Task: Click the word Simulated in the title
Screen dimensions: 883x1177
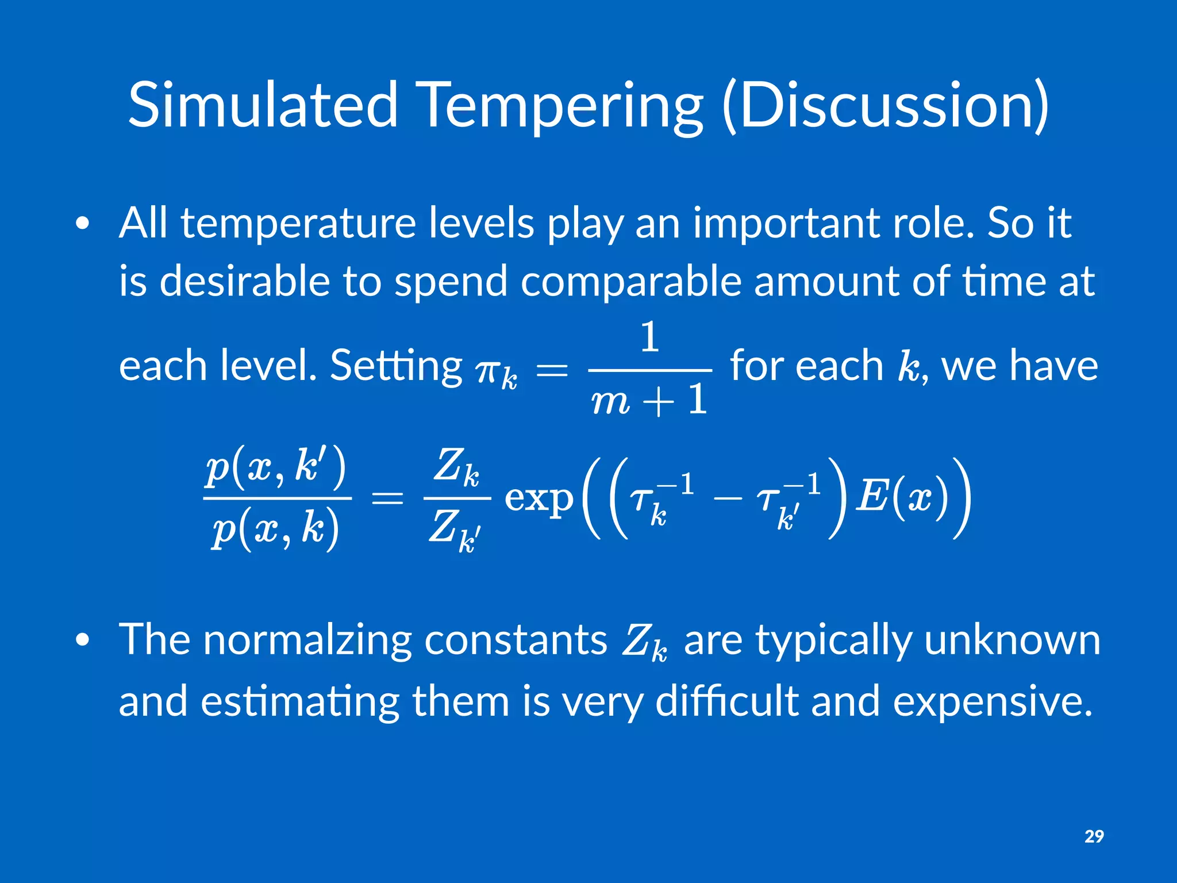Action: point(262,105)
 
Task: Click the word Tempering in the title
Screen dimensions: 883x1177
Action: point(561,105)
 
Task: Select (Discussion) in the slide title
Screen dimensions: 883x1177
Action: point(885,105)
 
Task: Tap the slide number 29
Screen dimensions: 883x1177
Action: point(1094,836)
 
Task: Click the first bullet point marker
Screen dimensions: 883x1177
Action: point(83,225)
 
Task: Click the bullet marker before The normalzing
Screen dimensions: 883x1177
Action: point(83,640)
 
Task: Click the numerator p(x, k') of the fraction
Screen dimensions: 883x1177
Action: point(276,467)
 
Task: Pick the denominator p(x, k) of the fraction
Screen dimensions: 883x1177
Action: point(275,529)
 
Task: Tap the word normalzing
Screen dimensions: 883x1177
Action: point(307,639)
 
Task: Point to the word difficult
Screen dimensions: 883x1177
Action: point(727,701)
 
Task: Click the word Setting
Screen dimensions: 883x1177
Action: point(396,366)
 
